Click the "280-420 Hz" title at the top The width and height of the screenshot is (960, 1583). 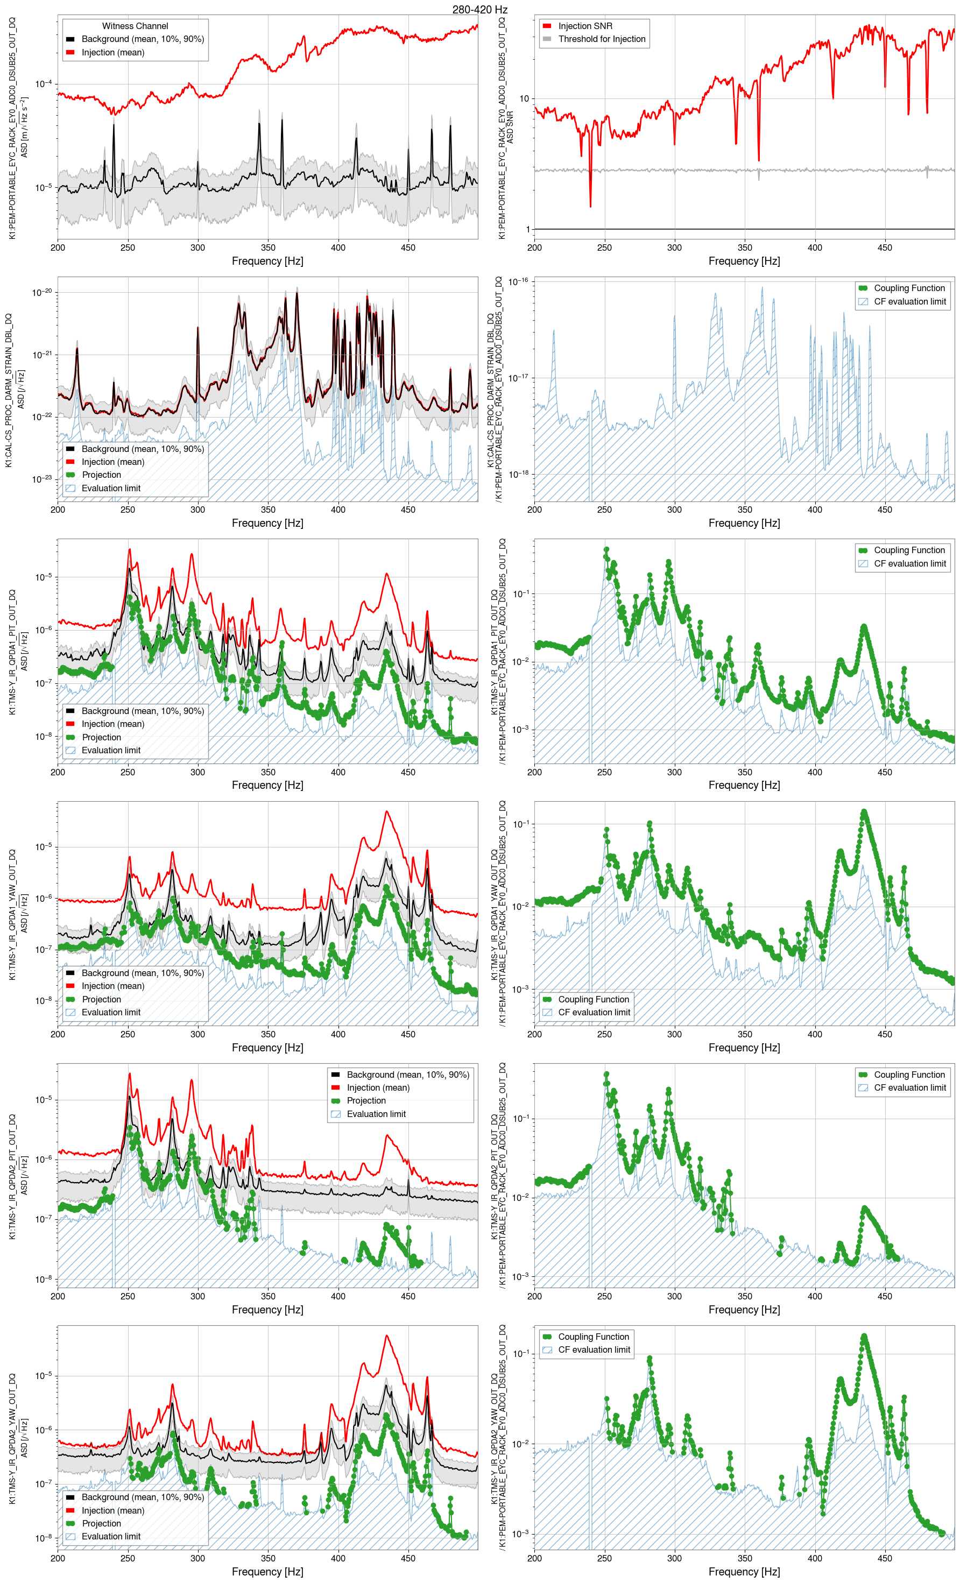[479, 10]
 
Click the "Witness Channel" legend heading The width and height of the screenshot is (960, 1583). [135, 26]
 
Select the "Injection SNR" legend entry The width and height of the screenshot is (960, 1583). [585, 26]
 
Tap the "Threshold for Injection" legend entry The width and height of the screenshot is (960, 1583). [602, 39]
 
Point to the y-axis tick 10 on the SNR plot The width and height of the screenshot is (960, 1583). [524, 99]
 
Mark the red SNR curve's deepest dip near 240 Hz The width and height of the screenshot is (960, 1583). [590, 206]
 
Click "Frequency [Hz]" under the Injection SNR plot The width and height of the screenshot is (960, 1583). [744, 261]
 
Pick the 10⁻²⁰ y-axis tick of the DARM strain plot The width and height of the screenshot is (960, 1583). [43, 292]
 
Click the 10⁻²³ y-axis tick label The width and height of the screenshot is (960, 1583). [43, 479]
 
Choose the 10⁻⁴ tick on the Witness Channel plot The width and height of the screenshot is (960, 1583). [44, 84]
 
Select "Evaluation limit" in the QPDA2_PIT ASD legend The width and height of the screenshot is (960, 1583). [376, 1114]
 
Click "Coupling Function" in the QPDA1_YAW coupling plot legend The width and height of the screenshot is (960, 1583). [593, 999]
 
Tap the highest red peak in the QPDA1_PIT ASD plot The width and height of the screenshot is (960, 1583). [129, 549]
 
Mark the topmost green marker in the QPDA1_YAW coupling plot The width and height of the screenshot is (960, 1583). [864, 812]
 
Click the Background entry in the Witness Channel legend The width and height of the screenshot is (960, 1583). [142, 39]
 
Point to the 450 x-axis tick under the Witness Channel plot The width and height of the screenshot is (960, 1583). [408, 248]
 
